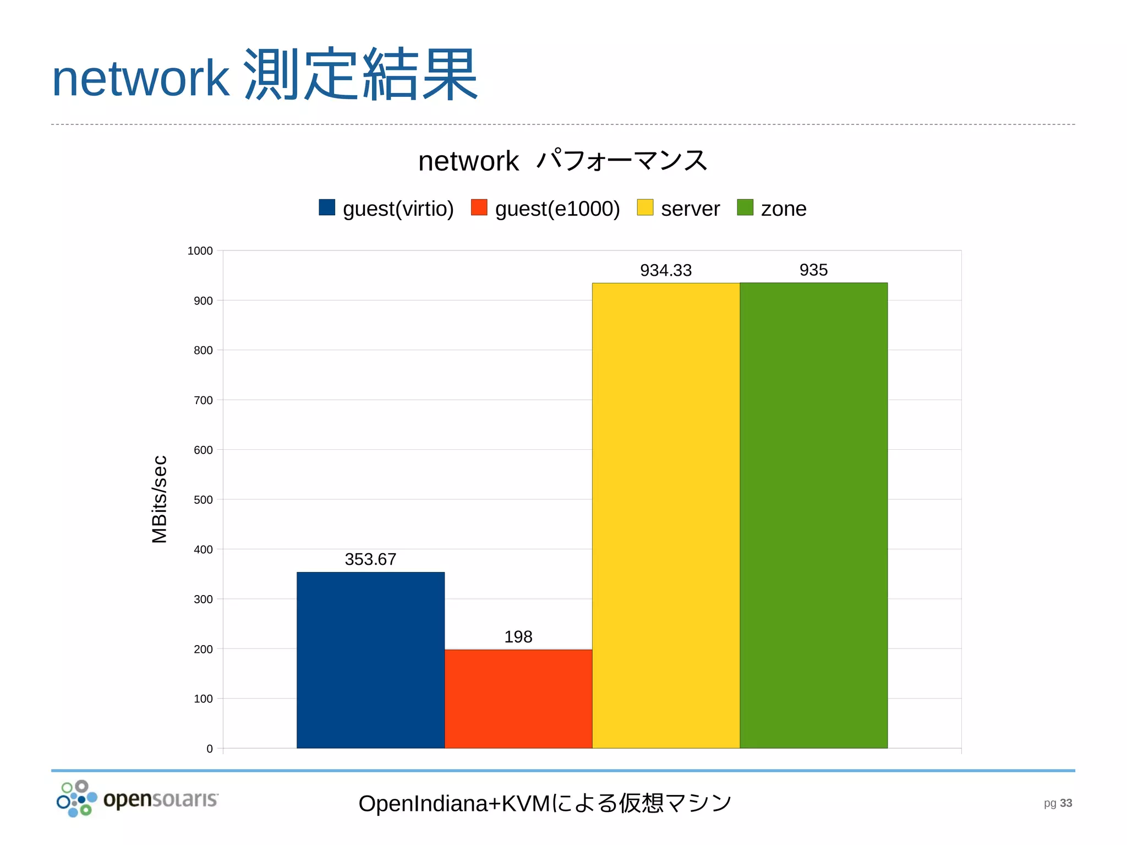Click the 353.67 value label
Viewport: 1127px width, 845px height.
pyautogui.click(x=370, y=559)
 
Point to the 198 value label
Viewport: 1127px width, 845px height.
pyautogui.click(x=518, y=637)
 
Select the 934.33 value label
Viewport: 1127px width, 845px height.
pyautogui.click(x=666, y=270)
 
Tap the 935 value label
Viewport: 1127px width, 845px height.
pyautogui.click(x=813, y=270)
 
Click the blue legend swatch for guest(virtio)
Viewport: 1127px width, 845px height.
pyautogui.click(x=327, y=208)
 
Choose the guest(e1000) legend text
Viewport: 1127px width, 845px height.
pyautogui.click(x=557, y=209)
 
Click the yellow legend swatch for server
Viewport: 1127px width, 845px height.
pyautogui.click(x=645, y=208)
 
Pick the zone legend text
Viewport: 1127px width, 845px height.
pyautogui.click(x=783, y=209)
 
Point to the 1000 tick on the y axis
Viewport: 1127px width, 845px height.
pyautogui.click(x=200, y=251)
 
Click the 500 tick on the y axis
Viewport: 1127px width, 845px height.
pyautogui.click(x=203, y=500)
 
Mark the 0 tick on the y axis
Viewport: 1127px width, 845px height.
pyautogui.click(x=210, y=749)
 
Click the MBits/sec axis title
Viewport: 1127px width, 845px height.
pyautogui.click(x=159, y=499)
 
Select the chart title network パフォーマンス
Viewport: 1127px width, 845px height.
pyautogui.click(x=562, y=161)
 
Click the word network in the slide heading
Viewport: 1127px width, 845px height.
pyautogui.click(x=140, y=78)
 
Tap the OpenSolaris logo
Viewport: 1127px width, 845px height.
pyautogui.click(x=138, y=799)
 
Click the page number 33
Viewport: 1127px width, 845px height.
pyautogui.click(x=1066, y=803)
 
